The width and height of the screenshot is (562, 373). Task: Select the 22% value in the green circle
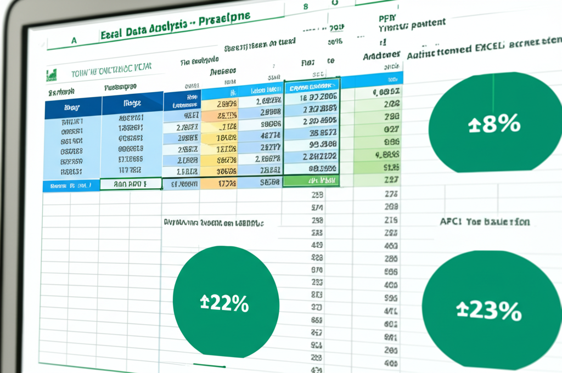tap(229, 302)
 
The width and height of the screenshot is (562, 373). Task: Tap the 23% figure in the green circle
tap(494, 311)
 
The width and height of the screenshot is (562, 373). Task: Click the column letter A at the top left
tap(74, 40)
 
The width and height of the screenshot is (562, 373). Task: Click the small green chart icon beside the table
tap(52, 74)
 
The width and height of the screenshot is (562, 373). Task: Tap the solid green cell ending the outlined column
tap(311, 180)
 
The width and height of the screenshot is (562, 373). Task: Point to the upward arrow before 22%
tap(204, 302)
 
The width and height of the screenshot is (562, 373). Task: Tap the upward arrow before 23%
tap(462, 312)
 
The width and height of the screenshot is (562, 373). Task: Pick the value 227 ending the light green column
tap(391, 179)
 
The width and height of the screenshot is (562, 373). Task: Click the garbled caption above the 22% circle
tap(213, 224)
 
